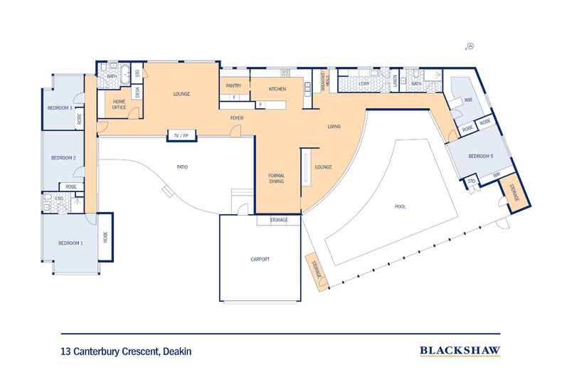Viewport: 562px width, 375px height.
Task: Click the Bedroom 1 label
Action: pos(71,243)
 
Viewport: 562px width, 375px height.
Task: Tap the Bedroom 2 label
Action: pos(64,158)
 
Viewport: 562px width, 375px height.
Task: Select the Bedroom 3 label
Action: pos(60,107)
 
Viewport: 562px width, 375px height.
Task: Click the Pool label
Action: pos(401,206)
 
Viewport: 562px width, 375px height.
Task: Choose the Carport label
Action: pos(260,259)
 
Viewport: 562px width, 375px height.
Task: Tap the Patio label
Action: pos(183,167)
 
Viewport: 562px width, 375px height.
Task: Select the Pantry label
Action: pos(234,85)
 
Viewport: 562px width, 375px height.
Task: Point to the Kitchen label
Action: pos(277,89)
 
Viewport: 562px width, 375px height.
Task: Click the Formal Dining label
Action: pos(276,179)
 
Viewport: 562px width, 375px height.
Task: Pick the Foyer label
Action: pos(237,117)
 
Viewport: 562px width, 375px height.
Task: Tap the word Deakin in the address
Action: pos(175,351)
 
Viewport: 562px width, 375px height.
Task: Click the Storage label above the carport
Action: pos(279,221)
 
